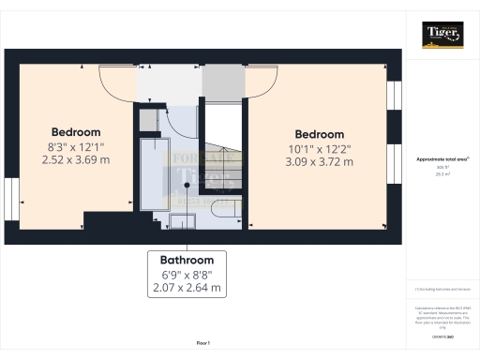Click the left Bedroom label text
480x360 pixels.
coord(76,132)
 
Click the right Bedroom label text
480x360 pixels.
coord(319,134)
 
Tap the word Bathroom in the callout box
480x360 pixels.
coord(185,260)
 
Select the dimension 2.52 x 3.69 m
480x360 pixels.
coord(76,160)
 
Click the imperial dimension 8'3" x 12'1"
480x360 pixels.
coord(76,146)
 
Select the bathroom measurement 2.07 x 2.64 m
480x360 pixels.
coord(185,288)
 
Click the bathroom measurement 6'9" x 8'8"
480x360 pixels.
coord(185,275)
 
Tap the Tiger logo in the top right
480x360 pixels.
coord(442,36)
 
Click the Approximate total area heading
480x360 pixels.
coord(442,159)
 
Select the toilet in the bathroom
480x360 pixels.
coord(224,207)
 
